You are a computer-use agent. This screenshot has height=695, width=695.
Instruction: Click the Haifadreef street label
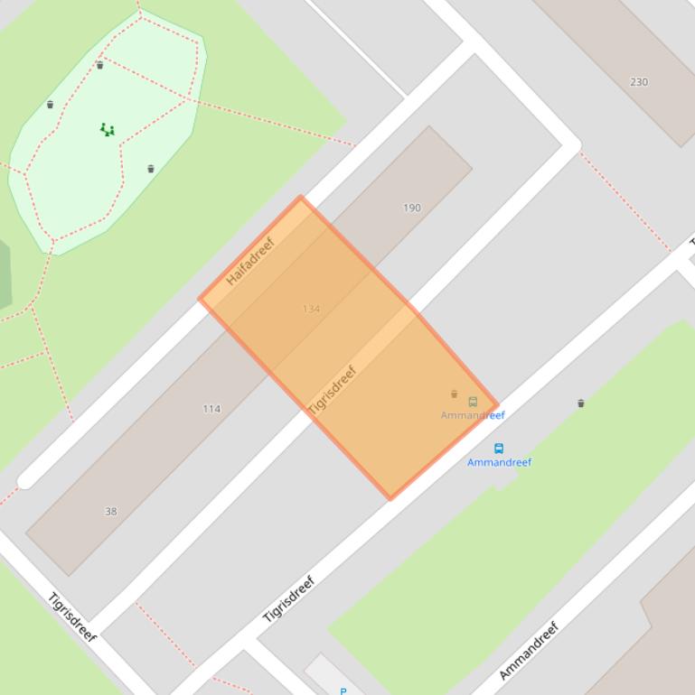[x=249, y=262]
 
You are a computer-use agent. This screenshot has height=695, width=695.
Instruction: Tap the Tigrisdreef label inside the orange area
[x=333, y=390]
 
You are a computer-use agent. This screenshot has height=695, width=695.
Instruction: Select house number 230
[x=639, y=81]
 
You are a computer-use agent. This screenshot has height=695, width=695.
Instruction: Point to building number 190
[x=411, y=208]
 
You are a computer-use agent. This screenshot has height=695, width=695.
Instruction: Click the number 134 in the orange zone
[x=311, y=309]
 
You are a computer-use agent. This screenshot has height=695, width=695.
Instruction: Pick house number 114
[x=211, y=409]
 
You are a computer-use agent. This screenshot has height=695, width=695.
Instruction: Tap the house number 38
[x=110, y=512]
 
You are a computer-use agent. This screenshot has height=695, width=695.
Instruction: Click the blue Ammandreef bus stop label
[x=499, y=462]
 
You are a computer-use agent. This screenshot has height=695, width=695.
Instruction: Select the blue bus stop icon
[x=498, y=448]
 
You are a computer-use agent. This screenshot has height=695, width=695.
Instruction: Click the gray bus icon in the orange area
[x=473, y=402]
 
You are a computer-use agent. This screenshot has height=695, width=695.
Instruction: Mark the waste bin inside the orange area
[x=454, y=394]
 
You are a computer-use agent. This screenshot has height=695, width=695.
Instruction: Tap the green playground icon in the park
[x=108, y=130]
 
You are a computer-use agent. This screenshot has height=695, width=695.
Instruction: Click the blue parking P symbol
[x=343, y=690]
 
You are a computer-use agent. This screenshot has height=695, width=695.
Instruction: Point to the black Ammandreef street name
[x=530, y=650]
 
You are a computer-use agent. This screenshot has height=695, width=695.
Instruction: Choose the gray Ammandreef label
[x=473, y=415]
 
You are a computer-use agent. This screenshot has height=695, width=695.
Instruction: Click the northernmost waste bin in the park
[x=100, y=65]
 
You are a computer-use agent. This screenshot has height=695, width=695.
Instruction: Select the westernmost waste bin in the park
[x=50, y=105]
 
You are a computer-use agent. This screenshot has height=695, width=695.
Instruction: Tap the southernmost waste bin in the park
[x=151, y=169]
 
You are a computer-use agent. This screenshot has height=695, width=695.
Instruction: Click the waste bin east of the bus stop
[x=581, y=403]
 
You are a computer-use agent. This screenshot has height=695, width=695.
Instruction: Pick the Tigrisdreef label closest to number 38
[x=72, y=616]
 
